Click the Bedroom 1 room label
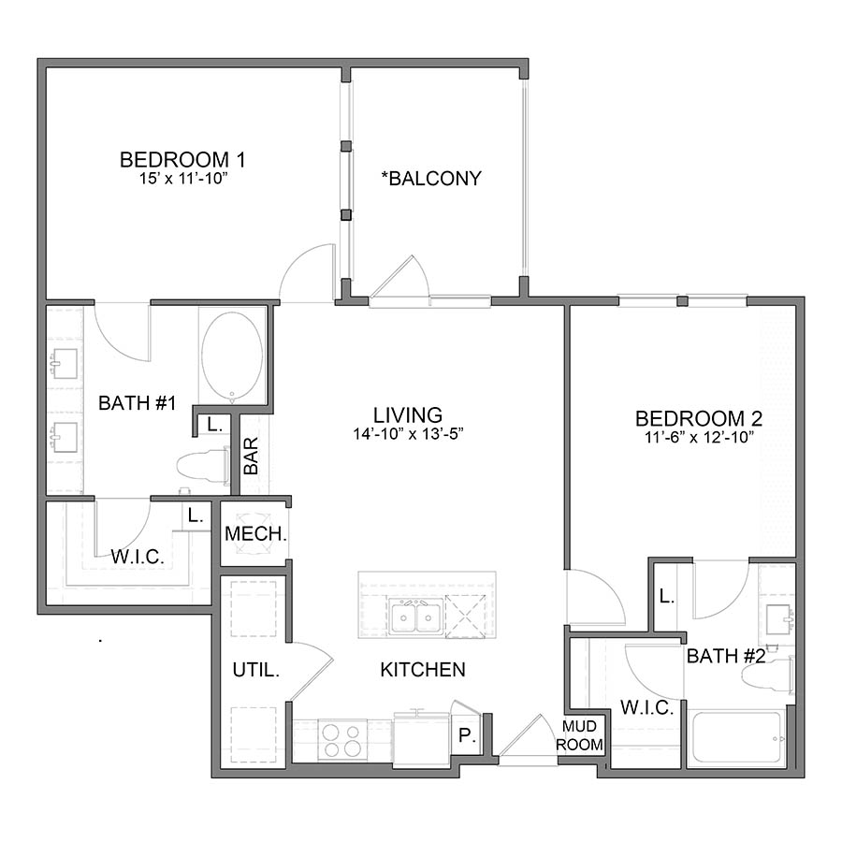click(x=182, y=159)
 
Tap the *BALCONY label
click(x=431, y=179)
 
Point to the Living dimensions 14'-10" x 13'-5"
click(x=408, y=434)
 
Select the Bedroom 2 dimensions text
click(x=699, y=437)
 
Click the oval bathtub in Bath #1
click(x=232, y=356)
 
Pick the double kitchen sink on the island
click(x=416, y=617)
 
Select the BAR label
click(x=251, y=456)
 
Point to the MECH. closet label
click(x=255, y=534)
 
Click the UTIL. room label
click(x=256, y=670)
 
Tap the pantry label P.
click(x=467, y=735)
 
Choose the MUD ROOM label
click(x=579, y=735)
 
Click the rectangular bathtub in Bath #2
click(x=736, y=737)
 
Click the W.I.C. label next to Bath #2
click(x=647, y=708)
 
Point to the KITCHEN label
click(x=423, y=670)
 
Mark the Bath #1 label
click(x=138, y=402)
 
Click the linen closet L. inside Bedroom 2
click(x=666, y=596)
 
